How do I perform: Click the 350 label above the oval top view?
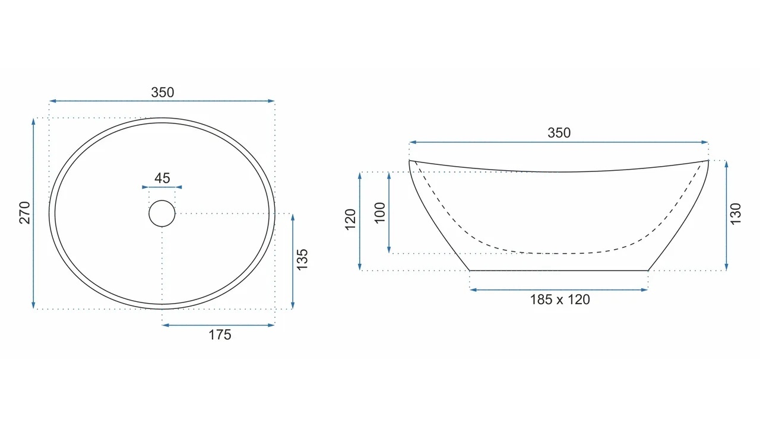[x=163, y=92]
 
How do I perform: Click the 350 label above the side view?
[x=559, y=132]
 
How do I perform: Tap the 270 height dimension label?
[x=25, y=213]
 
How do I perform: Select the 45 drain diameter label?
[x=162, y=178]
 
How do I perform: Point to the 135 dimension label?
[x=302, y=260]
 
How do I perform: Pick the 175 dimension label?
[x=220, y=335]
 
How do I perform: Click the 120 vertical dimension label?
[x=350, y=219]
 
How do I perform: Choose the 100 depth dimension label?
[x=379, y=213]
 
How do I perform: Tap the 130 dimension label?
[x=735, y=213]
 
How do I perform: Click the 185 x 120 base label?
[x=560, y=299]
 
